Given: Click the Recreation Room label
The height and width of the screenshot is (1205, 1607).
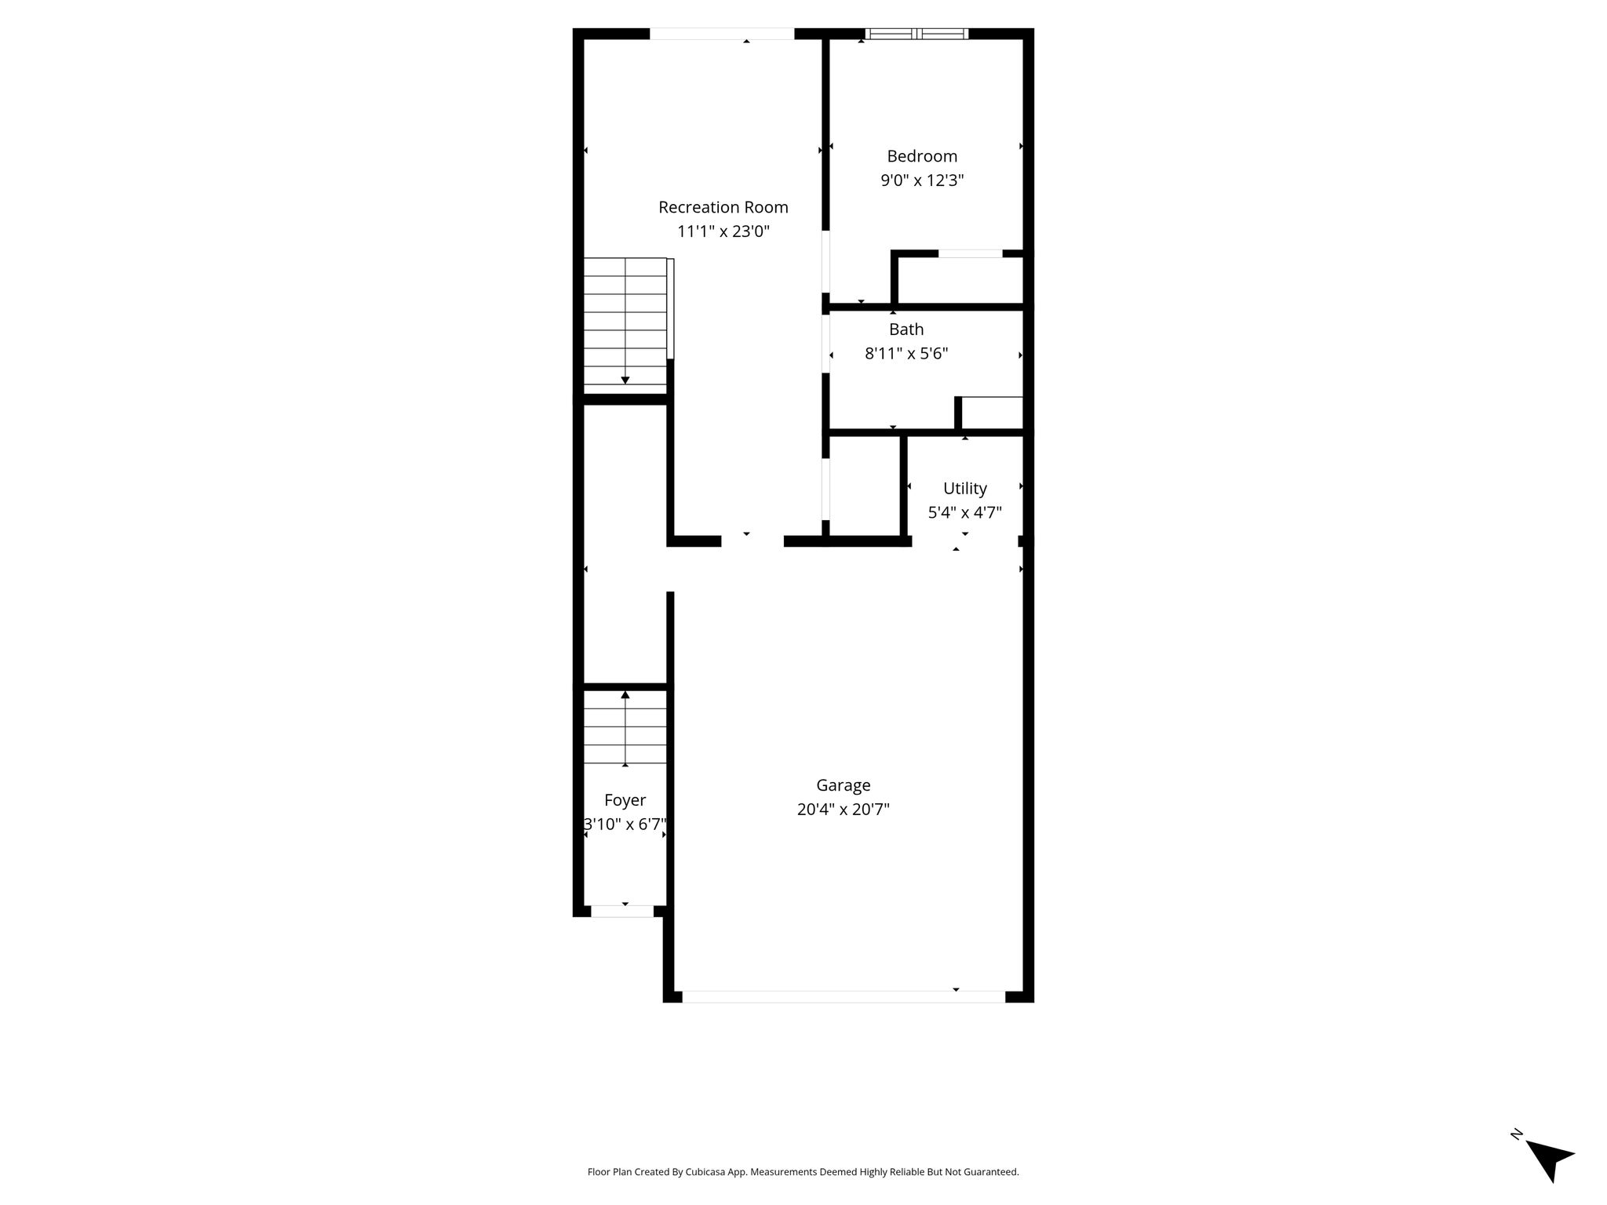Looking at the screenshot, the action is click(723, 207).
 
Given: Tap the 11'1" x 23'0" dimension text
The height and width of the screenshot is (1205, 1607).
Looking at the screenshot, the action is click(723, 231).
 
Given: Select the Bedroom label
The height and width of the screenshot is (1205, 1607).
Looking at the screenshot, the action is click(922, 156).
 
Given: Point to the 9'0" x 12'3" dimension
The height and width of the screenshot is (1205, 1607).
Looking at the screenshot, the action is click(922, 180).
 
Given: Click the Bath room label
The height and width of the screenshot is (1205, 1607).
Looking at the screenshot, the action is click(906, 329).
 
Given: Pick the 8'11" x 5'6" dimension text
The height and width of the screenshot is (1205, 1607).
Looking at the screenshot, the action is click(906, 354).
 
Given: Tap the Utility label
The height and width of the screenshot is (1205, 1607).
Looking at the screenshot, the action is click(965, 489).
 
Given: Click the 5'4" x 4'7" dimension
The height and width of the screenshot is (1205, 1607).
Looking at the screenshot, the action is click(965, 513).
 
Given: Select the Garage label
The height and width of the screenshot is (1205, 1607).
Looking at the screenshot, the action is click(844, 785).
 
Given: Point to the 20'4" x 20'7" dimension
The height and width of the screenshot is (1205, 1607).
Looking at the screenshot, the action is click(844, 810).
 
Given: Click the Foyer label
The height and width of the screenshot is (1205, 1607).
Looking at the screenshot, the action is click(625, 800).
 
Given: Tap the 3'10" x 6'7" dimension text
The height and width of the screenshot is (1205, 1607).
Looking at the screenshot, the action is click(625, 825).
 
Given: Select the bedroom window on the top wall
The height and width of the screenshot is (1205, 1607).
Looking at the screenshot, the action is click(916, 34).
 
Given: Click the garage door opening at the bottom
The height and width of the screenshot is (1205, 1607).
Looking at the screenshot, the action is click(844, 996).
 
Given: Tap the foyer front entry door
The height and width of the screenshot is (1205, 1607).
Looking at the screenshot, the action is click(622, 912).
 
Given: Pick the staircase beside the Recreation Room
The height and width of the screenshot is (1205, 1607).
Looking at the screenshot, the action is click(625, 326).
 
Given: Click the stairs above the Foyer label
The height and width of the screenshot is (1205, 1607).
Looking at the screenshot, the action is click(625, 728).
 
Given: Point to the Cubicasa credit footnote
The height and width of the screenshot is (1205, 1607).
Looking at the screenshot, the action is click(803, 1172).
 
